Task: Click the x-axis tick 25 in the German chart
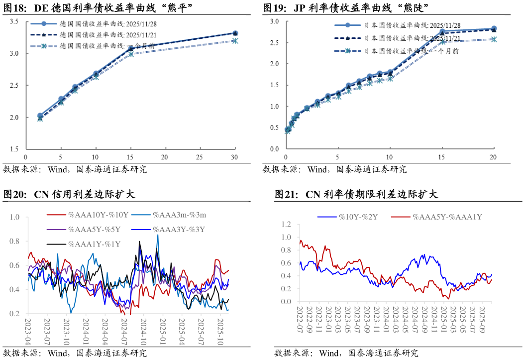tap(199, 157)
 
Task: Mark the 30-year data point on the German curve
tap(235, 33)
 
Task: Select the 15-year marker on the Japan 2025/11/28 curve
tap(442, 31)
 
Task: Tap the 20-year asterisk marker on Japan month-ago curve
tap(494, 39)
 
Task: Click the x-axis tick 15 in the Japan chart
tap(442, 157)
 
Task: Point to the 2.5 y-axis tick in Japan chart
tap(274, 43)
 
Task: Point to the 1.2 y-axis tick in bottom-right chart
tap(286, 225)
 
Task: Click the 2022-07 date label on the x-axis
tap(300, 321)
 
